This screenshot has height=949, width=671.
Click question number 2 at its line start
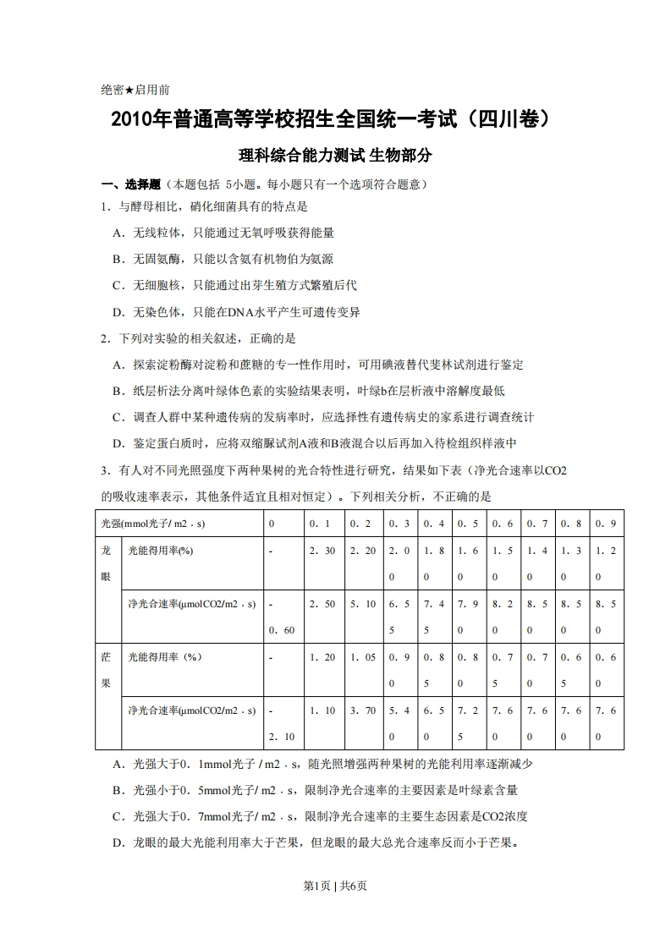pos(104,338)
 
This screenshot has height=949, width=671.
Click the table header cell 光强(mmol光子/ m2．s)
pos(152,524)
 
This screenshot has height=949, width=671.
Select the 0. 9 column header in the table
pos(606,524)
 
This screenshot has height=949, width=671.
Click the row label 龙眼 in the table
pos(107,563)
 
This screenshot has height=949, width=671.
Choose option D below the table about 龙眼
pos(316,842)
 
